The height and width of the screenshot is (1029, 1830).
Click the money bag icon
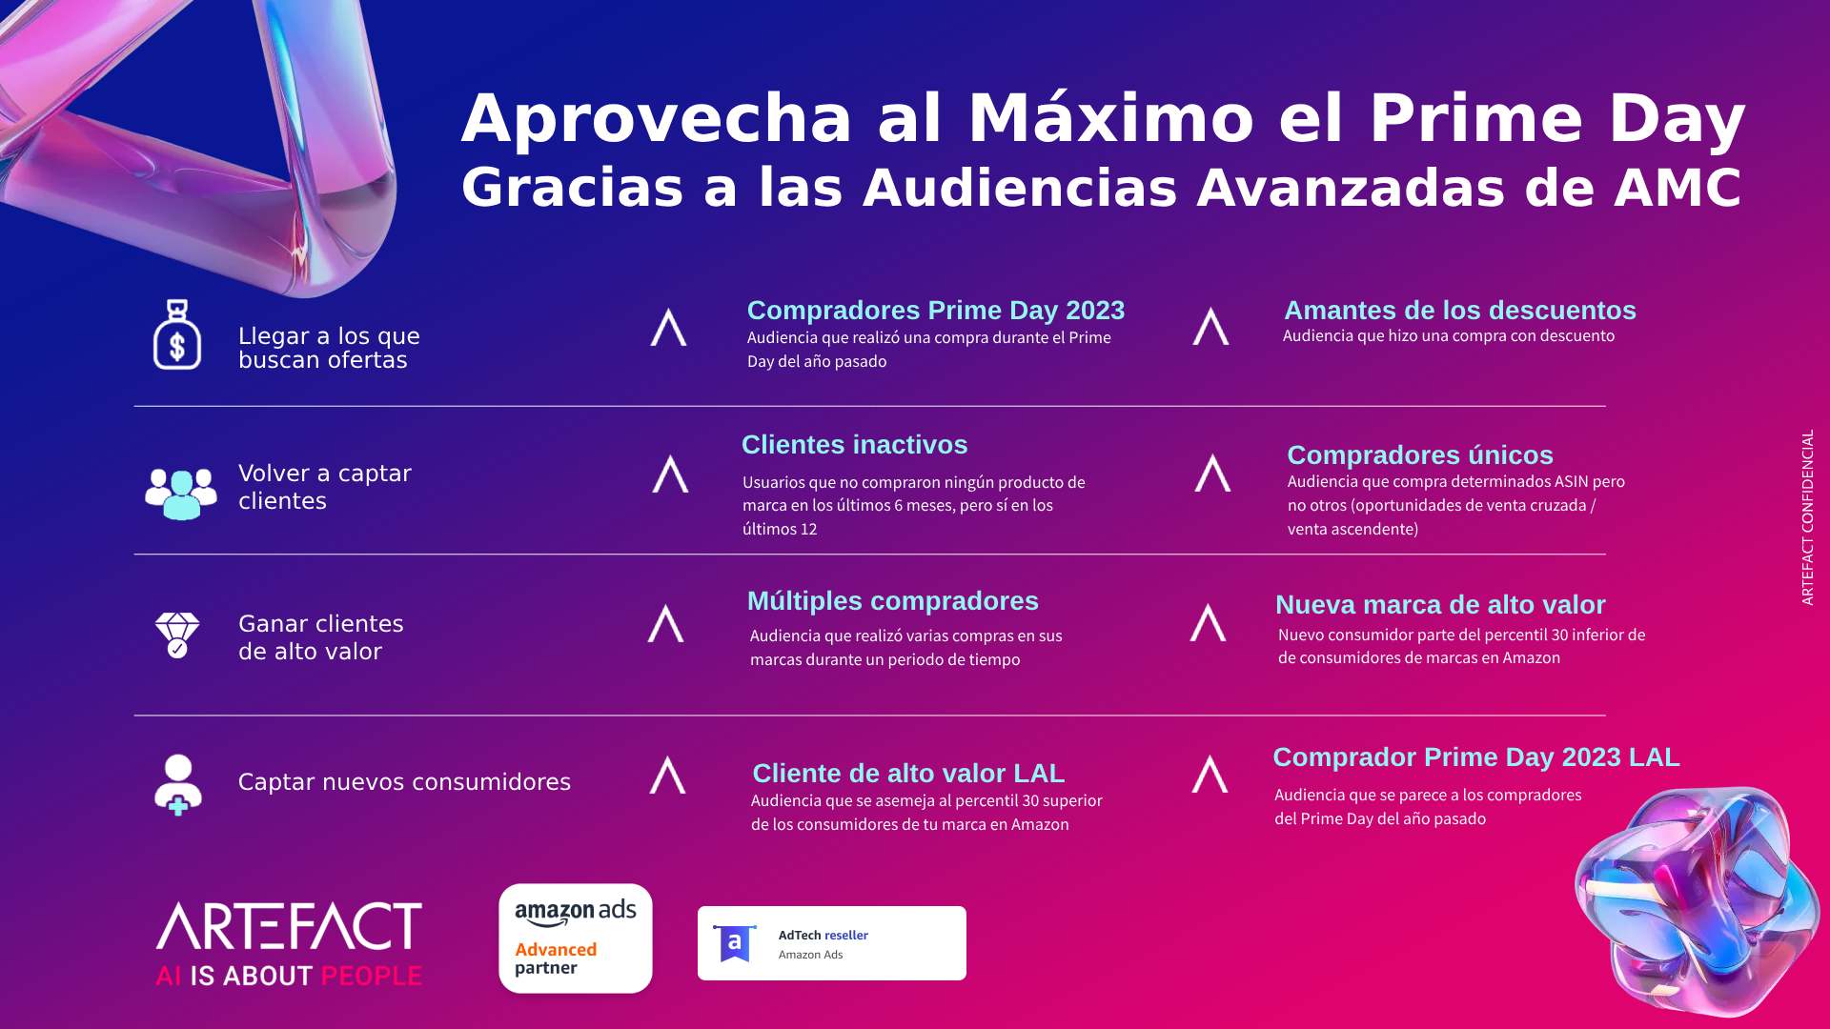(177, 334)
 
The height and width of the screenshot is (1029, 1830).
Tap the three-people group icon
(181, 494)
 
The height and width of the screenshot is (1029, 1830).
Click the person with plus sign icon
(178, 785)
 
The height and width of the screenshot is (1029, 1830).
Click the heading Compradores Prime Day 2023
(936, 311)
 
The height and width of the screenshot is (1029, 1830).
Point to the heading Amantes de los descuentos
(1460, 311)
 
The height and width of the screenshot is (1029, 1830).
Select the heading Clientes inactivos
(854, 445)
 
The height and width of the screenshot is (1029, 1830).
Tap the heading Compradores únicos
(1420, 455)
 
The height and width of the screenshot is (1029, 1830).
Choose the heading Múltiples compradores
(893, 601)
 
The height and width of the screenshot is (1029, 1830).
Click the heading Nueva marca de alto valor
(1440, 605)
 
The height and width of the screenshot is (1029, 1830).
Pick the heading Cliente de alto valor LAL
(908, 774)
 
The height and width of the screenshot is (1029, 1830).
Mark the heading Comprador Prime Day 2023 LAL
(1476, 757)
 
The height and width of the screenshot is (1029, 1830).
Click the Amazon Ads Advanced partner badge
(576, 938)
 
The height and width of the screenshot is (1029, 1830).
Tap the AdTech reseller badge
(832, 943)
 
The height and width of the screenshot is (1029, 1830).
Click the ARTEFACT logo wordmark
(289, 926)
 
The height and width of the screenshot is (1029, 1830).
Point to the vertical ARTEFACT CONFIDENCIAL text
(1807, 517)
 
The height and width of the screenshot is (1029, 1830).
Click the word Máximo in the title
(1111, 119)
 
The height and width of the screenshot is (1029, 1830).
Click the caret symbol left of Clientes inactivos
(670, 474)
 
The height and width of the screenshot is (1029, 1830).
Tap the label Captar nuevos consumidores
(404, 782)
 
